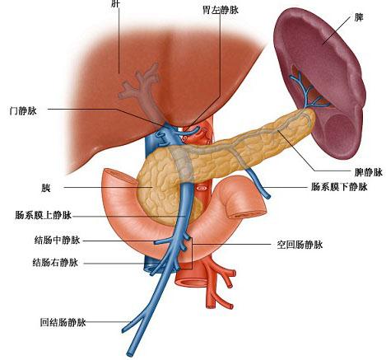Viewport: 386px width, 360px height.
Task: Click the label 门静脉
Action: (23, 111)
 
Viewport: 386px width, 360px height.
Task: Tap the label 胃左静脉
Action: (221, 10)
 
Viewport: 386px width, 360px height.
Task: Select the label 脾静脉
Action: (369, 172)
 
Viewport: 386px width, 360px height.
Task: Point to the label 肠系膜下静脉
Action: (339, 187)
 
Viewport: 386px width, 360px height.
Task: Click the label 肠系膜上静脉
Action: (44, 215)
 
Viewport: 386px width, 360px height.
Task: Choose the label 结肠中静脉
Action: (57, 240)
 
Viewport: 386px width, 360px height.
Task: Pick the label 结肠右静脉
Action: (55, 263)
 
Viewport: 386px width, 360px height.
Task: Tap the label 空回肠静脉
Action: (300, 245)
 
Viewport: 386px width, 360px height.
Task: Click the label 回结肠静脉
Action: (63, 322)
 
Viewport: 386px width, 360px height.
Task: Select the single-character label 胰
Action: (46, 189)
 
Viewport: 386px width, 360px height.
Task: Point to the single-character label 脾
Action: (359, 18)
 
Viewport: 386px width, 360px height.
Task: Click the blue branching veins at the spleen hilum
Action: (306, 92)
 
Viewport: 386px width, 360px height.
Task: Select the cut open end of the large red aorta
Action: (192, 281)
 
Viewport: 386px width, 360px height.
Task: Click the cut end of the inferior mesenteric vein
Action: (267, 196)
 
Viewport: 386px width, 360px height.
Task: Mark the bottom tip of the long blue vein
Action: (129, 353)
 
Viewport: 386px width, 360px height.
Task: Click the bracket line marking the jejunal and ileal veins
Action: (192, 254)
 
